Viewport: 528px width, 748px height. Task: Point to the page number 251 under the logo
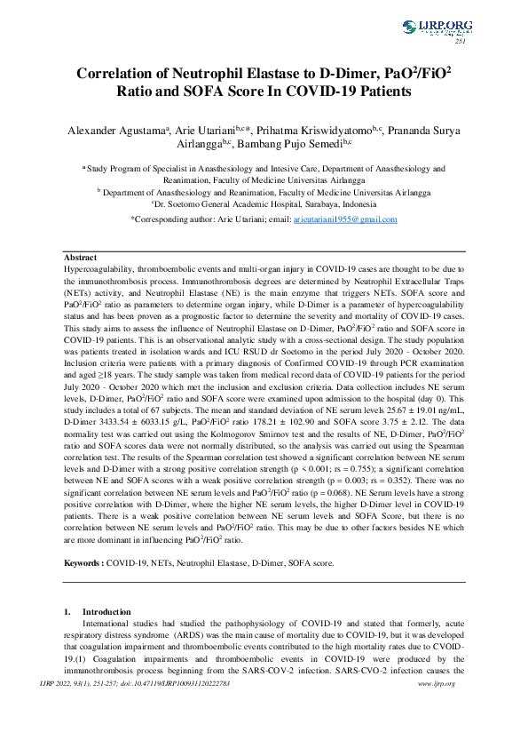tap(460, 41)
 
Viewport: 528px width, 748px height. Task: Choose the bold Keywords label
tap(85, 562)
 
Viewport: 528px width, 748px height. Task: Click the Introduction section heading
tap(106, 612)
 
